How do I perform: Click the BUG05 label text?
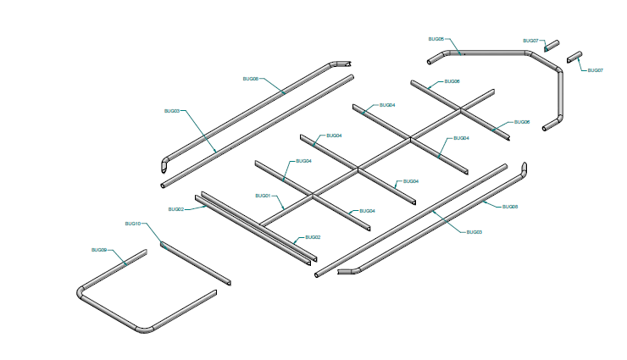pos(436,39)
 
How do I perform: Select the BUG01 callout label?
pos(263,196)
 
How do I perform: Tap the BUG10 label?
pos(132,224)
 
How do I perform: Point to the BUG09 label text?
pos(99,250)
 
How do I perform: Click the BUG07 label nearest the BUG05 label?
pos(530,41)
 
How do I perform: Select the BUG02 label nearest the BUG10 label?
pos(176,208)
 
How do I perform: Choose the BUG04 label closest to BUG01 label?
pos(302,161)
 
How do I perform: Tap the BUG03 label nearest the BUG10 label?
pos(171,111)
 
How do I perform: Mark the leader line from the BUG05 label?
pos(452,46)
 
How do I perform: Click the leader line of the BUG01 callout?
pos(277,203)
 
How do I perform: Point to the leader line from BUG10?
pos(153,235)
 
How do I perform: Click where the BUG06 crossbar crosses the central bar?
pos(461,109)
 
